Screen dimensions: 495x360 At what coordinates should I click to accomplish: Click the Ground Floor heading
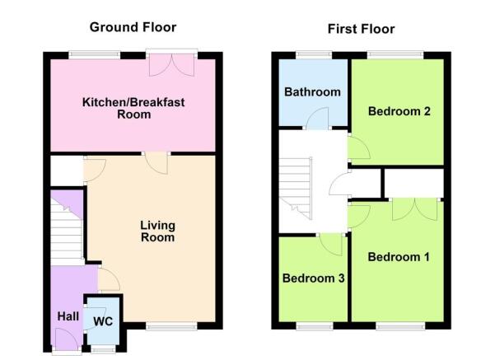(x=133, y=27)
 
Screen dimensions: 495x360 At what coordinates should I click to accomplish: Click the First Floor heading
(x=361, y=29)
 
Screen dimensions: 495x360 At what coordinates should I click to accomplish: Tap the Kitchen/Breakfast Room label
(x=133, y=108)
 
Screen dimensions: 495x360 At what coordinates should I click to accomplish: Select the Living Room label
(x=157, y=231)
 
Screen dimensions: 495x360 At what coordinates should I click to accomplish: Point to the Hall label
(x=68, y=316)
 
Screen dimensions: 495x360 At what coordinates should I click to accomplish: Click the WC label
(x=103, y=321)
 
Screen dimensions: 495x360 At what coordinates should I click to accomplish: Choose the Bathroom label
(x=312, y=92)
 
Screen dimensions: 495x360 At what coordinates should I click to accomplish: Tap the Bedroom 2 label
(x=399, y=111)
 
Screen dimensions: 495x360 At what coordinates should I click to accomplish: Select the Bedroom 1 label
(x=399, y=257)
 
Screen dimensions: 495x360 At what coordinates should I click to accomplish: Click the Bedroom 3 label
(x=313, y=278)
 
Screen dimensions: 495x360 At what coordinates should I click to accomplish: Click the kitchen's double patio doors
(x=172, y=65)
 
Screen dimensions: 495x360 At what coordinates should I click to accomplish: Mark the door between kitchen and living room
(x=156, y=163)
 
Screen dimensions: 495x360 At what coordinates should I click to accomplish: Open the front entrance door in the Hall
(x=67, y=339)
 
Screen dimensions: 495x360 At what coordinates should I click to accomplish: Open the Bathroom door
(x=317, y=118)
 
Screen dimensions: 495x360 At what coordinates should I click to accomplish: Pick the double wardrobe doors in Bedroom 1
(x=415, y=209)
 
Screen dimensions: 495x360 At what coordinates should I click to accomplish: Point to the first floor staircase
(x=296, y=188)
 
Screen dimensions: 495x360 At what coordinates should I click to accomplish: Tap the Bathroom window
(x=314, y=55)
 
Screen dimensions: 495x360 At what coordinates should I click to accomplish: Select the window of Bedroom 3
(x=315, y=326)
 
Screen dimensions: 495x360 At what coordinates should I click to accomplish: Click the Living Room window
(x=172, y=326)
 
